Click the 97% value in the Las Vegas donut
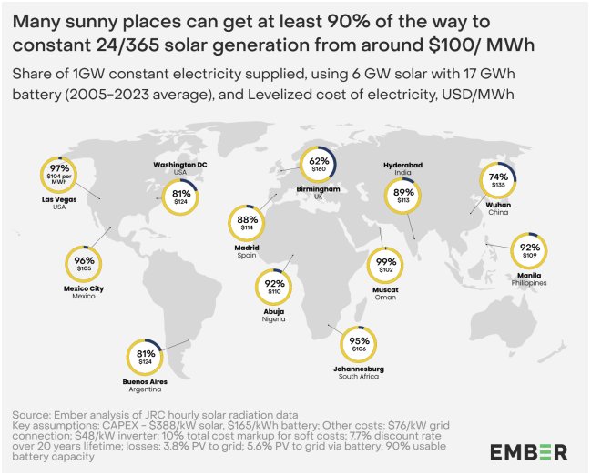59,168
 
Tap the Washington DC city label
180,165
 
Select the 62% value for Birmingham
319,161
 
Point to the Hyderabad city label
402,165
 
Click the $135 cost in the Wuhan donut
498,185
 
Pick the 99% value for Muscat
386,262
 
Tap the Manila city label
529,276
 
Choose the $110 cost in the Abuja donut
274,291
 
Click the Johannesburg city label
359,369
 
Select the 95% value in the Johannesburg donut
359,341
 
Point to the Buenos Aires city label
145,381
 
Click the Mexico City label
84,288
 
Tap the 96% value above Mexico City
84,260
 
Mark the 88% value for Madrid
248,219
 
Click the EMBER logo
528,451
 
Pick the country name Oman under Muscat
385,298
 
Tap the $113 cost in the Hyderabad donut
403,200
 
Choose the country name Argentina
145,389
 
